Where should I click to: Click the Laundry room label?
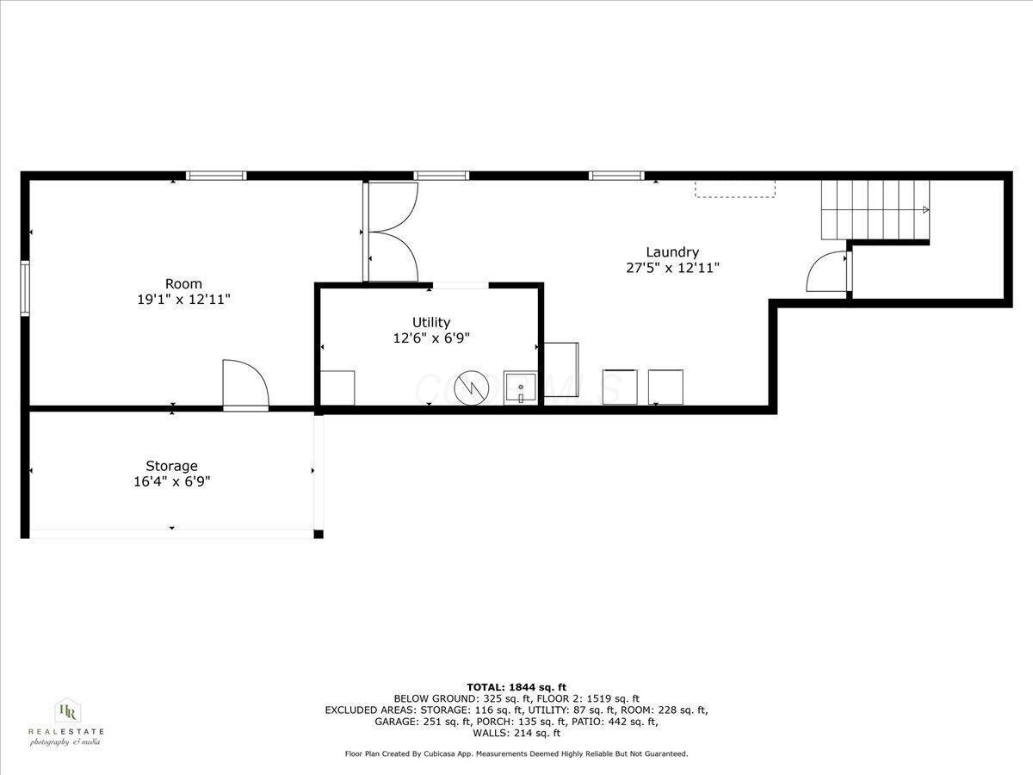tap(672, 252)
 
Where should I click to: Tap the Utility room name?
tap(431, 323)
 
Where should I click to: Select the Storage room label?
tap(171, 466)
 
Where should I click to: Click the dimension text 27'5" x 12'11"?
tap(672, 268)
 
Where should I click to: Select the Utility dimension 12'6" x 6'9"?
tap(431, 338)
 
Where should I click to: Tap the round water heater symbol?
tap(472, 387)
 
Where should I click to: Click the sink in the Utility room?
tap(521, 388)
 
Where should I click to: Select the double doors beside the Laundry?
tap(393, 232)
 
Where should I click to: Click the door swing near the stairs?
tap(827, 273)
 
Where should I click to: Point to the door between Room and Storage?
tap(245, 385)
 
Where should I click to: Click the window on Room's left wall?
tap(26, 288)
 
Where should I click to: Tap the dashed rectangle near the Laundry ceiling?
tap(735, 189)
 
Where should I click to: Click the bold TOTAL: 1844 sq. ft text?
tap(516, 686)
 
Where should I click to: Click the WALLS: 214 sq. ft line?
tap(516, 734)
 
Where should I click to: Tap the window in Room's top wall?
tap(217, 176)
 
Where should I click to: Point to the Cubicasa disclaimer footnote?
tap(516, 754)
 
